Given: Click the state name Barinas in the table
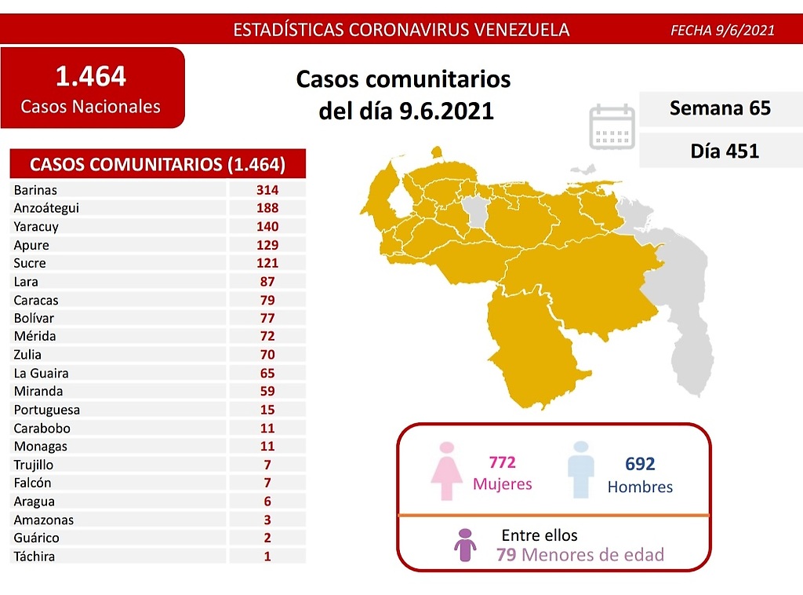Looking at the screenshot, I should (x=35, y=190).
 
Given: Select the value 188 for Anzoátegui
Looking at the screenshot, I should (x=267, y=208).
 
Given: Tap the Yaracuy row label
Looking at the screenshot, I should (x=36, y=226).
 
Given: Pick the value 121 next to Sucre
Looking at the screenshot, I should (x=267, y=263).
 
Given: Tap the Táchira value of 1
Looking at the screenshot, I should (x=267, y=557).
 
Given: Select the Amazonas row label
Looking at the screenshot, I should (x=43, y=520).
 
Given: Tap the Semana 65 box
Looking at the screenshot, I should (x=720, y=108).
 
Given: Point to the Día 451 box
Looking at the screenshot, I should (x=720, y=150).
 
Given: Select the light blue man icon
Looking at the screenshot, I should (x=580, y=469).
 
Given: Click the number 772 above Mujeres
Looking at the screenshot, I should (x=502, y=462).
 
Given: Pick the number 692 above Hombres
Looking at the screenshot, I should (x=640, y=465).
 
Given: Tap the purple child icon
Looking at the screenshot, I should (x=466, y=545).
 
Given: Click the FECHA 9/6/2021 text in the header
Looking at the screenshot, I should (x=722, y=31).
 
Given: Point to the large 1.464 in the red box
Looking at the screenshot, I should (x=90, y=77).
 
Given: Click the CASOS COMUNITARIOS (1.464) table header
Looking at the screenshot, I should (x=157, y=165).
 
